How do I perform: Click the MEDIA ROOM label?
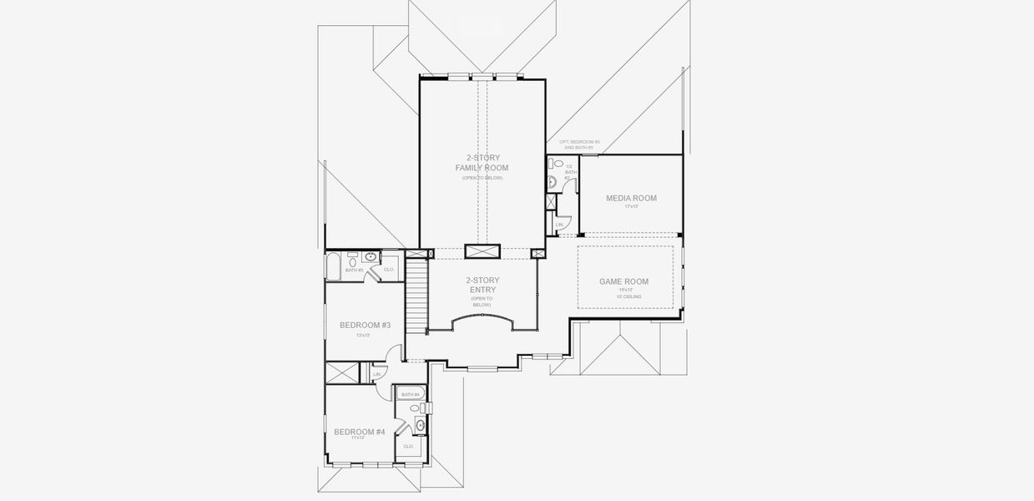tap(631, 198)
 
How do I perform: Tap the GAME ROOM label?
tap(623, 281)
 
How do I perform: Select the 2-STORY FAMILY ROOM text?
tap(482, 163)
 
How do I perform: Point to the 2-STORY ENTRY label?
tap(482, 286)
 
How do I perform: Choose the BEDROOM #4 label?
tap(359, 432)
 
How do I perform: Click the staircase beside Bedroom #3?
tap(416, 293)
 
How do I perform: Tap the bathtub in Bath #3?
tap(331, 266)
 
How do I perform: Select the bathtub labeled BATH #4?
tap(411, 394)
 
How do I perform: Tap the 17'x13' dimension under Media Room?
tap(631, 206)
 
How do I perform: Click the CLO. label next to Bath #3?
tap(389, 270)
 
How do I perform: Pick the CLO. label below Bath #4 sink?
tap(408, 446)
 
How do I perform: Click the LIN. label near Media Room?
tap(559, 224)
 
